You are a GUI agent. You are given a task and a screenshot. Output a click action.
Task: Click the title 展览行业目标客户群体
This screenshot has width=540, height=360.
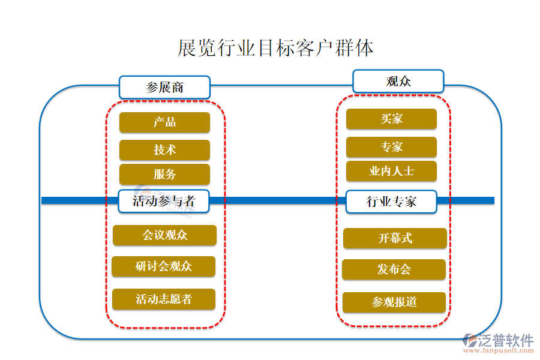point(275,48)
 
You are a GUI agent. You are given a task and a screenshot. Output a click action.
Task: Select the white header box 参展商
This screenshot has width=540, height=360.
point(164,87)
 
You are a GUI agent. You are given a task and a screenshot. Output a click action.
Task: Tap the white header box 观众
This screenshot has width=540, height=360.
point(398,81)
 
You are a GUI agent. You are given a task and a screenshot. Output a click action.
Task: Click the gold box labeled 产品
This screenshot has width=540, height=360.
point(164,122)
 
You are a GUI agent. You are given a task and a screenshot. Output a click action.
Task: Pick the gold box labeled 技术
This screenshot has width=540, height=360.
point(164,150)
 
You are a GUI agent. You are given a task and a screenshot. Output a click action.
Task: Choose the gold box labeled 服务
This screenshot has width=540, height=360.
point(164,175)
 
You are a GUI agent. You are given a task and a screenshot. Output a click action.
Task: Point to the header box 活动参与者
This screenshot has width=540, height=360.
point(164,201)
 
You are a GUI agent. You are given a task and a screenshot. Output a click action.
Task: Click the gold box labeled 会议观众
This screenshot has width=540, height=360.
point(164,235)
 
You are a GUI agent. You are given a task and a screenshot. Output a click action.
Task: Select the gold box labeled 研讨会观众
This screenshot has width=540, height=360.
point(163,266)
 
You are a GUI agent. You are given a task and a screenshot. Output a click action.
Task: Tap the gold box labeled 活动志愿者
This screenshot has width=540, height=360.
point(163,299)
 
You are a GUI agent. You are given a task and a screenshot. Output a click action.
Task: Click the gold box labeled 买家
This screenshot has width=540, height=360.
point(391,119)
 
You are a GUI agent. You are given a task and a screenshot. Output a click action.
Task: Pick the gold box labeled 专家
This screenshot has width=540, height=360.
point(391,147)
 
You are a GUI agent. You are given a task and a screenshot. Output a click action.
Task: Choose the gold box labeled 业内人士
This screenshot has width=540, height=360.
point(391,171)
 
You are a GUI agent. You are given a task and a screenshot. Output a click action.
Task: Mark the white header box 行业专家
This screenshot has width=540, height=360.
point(391,202)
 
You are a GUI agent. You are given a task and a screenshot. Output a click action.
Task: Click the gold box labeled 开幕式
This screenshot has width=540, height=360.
point(395,238)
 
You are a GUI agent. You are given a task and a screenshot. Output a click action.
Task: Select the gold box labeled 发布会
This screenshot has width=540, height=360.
point(394,269)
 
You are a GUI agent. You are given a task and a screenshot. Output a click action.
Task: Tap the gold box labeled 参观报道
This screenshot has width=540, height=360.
point(394,302)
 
